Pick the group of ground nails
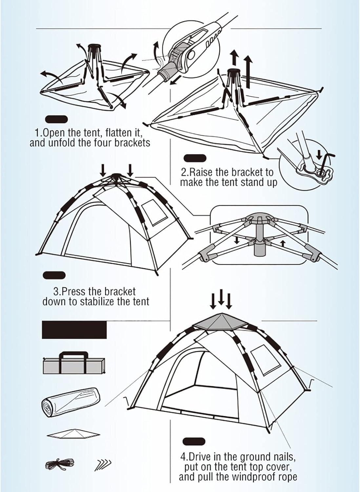pos(103,465)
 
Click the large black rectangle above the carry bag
pos(74,330)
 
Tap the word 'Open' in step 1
pos(54,133)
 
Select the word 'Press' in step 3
pos(75,291)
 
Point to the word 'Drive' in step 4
pos(201,457)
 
